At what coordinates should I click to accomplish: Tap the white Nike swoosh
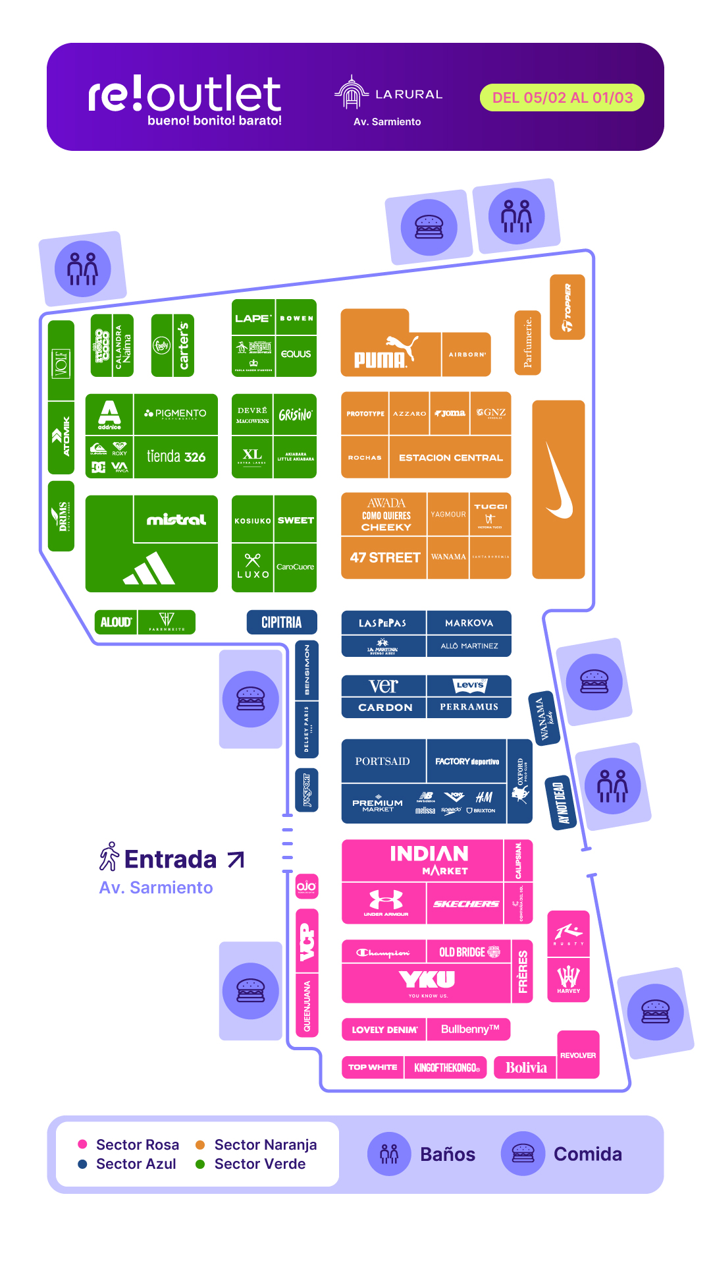[x=559, y=481]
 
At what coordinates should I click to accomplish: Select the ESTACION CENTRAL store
[x=450, y=457]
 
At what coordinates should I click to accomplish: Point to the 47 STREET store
[x=384, y=557]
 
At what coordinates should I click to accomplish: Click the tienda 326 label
[x=176, y=457]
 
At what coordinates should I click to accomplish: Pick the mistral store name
[x=176, y=520]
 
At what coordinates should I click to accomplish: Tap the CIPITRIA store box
[x=282, y=623]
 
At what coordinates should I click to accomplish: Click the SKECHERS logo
[x=465, y=904]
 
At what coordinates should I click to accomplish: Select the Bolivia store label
[x=526, y=1067]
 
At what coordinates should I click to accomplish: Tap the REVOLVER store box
[x=578, y=1055]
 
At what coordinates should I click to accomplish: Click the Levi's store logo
[x=469, y=685]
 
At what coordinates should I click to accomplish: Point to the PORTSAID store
[x=382, y=762]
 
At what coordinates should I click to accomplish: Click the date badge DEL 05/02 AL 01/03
[x=562, y=98]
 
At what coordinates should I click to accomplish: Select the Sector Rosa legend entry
[x=137, y=1144]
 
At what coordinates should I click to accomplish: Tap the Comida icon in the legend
[x=523, y=1154]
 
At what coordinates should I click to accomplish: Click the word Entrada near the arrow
[x=171, y=859]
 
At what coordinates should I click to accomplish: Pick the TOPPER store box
[x=567, y=307]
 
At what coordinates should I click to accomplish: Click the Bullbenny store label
[x=469, y=1029]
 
